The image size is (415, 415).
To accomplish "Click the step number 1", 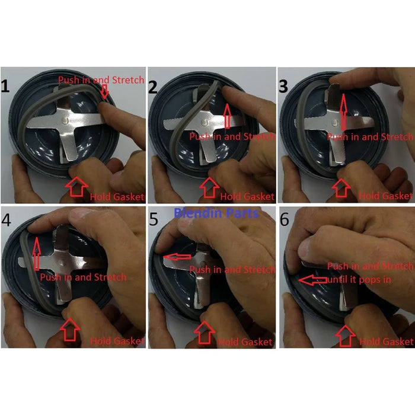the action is [5, 86].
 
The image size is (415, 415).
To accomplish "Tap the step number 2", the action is [153, 87].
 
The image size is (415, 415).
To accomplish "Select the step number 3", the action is [283, 87].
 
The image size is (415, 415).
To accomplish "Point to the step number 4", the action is [6, 219].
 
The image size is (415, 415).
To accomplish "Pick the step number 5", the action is [154, 219].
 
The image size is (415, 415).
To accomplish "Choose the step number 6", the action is [285, 219].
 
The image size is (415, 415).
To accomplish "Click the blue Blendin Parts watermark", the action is [216, 213].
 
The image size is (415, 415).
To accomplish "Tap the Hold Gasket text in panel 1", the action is [117, 197].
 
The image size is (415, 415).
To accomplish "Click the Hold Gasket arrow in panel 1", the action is [76, 187].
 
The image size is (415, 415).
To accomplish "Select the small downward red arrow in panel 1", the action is [105, 91].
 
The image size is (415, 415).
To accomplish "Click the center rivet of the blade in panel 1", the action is [65, 121].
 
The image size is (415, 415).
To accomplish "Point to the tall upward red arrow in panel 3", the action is [343, 111].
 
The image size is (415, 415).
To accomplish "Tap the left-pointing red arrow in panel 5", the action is [177, 257].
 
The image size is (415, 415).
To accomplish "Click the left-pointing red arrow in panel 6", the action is [313, 280].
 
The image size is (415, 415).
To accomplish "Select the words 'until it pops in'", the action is [359, 279].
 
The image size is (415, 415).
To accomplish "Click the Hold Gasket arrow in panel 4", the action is [69, 330].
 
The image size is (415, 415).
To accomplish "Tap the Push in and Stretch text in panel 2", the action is [232, 136].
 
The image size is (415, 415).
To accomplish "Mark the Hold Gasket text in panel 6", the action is [386, 341].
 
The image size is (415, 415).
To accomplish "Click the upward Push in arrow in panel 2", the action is [227, 116].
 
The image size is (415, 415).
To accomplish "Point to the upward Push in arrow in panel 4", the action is [37, 254].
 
